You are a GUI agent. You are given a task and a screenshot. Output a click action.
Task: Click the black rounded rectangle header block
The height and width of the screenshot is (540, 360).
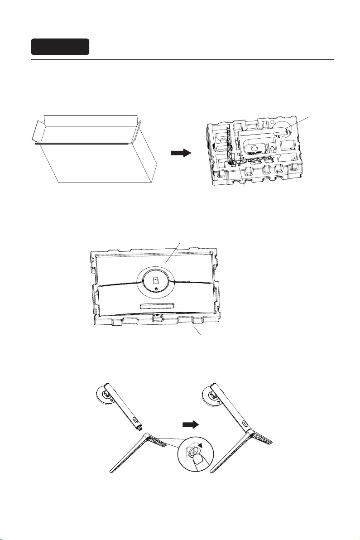click(60, 47)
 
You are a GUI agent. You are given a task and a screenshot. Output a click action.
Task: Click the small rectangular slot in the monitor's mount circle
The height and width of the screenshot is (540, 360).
click(155, 280)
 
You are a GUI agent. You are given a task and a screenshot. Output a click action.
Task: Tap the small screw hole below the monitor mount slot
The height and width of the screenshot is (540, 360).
click(155, 289)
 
